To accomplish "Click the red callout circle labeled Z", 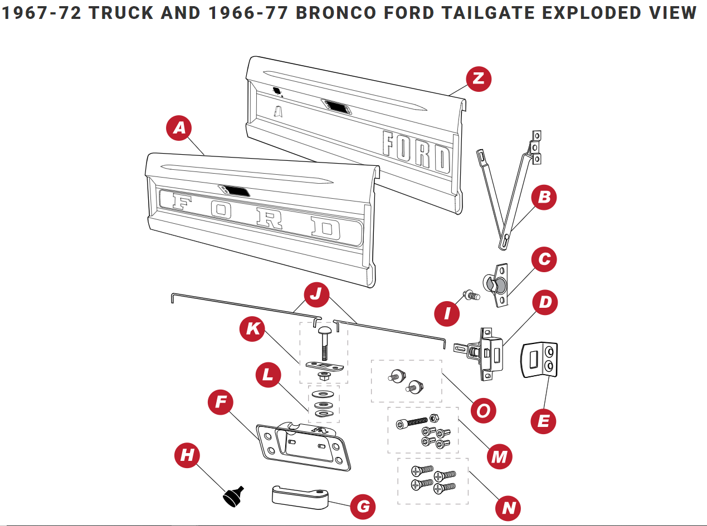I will tap(478, 78).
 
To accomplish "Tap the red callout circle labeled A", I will tap(179, 129).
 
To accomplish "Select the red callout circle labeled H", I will tap(188, 455).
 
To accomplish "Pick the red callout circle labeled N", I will tap(509, 507).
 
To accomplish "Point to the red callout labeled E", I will tap(543, 421).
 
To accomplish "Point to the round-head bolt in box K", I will tap(325, 343).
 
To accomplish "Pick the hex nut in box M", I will tap(435, 418).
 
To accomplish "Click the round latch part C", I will tap(495, 284).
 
